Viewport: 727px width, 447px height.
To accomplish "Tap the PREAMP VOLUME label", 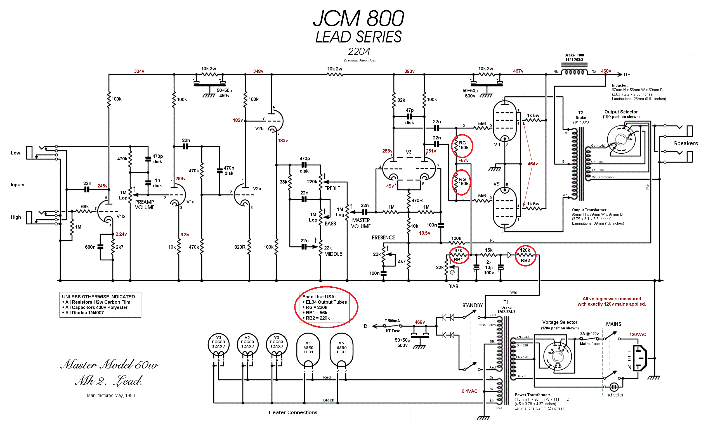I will point(145,205).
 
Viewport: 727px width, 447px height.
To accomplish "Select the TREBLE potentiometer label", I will point(332,189).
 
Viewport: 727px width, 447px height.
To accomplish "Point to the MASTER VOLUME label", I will point(361,223).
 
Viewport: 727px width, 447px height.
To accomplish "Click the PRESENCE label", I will point(383,238).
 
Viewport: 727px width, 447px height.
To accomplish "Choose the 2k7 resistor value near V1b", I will point(120,247).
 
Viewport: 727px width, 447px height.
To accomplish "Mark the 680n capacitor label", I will point(90,247).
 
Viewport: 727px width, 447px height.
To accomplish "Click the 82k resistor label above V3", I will point(401,100).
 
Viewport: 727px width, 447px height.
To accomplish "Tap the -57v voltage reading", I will point(464,161).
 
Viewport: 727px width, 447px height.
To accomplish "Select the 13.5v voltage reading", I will point(424,233).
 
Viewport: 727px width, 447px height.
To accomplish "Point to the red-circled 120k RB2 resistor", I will point(525,255).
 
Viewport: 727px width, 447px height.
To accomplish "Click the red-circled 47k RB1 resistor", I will point(458,255).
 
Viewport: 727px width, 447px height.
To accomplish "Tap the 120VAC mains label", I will point(637,335).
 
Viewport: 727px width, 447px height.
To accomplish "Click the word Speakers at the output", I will point(685,144).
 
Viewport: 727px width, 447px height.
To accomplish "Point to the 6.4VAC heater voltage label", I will point(469,391).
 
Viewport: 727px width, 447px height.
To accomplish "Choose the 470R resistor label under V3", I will point(417,200).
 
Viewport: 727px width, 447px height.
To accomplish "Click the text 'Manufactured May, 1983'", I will point(111,396).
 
